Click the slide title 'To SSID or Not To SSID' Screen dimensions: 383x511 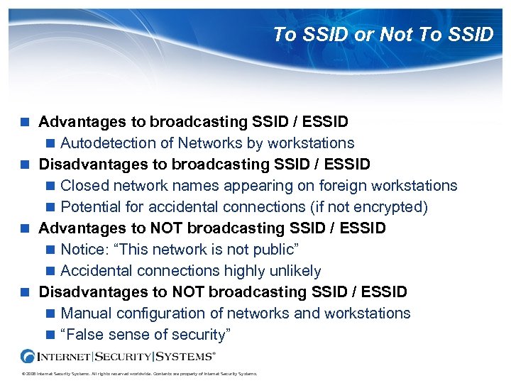383,34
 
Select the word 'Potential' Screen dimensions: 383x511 89,207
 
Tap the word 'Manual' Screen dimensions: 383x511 86,313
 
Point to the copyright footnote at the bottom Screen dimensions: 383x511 139,374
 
